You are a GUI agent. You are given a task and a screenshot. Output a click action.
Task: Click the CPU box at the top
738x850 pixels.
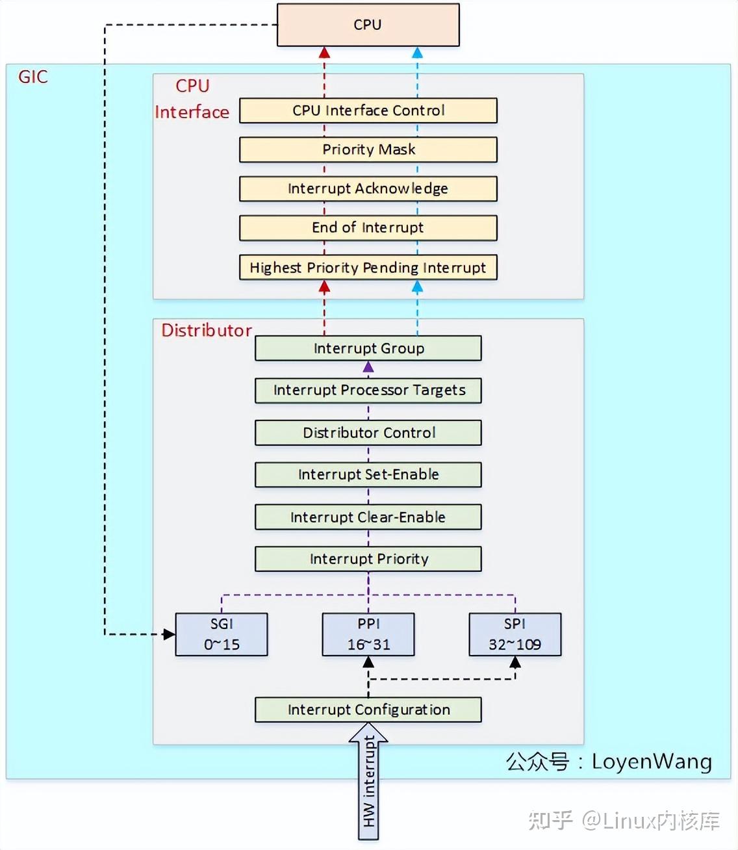(368, 25)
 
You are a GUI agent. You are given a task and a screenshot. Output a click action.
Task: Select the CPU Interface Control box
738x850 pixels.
(368, 110)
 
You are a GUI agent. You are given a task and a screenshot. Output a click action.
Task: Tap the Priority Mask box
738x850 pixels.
(368, 149)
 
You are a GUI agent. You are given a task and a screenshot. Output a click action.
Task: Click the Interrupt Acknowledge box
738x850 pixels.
(368, 188)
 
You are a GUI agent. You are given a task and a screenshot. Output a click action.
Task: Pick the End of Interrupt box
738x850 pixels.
(368, 227)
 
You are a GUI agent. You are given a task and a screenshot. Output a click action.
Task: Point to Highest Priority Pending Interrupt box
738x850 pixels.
(368, 267)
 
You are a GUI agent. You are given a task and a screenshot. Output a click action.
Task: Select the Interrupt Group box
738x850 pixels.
(368, 348)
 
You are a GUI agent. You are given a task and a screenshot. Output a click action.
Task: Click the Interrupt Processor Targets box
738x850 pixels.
(368, 390)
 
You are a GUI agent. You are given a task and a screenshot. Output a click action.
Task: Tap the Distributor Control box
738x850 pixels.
(368, 433)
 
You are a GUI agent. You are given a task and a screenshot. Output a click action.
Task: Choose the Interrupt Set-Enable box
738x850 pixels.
(368, 474)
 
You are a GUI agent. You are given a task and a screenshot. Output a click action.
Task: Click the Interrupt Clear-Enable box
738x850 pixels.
(368, 517)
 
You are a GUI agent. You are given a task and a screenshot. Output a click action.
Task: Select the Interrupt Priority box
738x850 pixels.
(368, 559)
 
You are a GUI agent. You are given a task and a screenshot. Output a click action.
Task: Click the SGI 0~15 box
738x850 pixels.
(222, 634)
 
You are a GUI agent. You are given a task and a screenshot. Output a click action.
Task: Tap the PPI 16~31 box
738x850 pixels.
(368, 634)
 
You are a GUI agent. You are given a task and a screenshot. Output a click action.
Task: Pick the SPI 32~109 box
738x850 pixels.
(515, 634)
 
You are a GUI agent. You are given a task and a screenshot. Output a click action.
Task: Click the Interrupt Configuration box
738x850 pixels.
(368, 710)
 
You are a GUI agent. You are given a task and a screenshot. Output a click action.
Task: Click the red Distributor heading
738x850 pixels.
(207, 330)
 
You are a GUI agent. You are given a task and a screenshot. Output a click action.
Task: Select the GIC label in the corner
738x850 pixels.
(33, 77)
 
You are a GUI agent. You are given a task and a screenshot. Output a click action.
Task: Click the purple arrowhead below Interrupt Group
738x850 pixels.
(368, 367)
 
